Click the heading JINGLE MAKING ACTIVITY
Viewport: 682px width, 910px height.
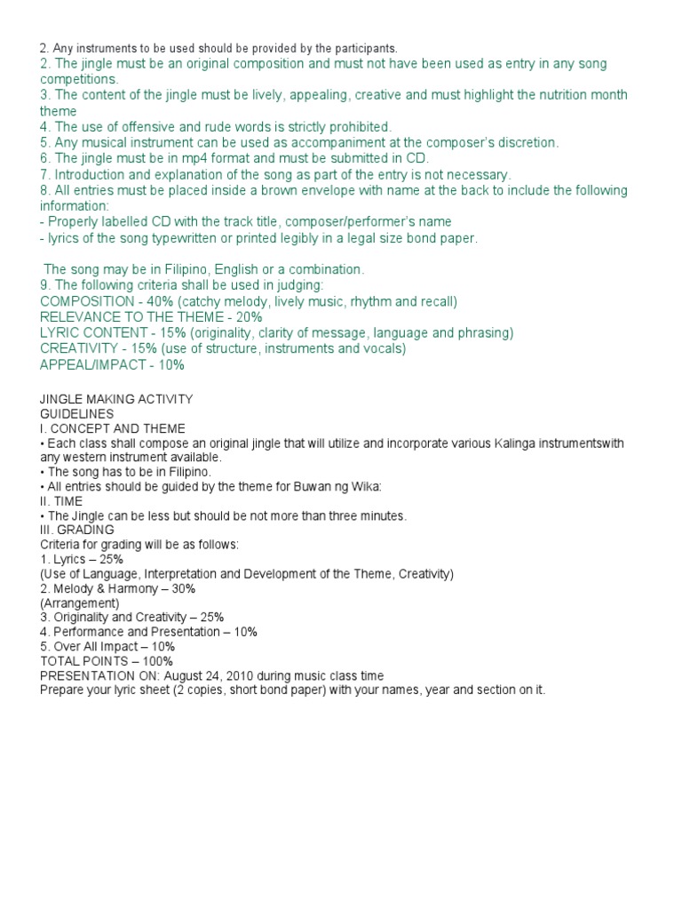coord(116,399)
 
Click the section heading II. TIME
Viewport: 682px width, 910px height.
coord(60,501)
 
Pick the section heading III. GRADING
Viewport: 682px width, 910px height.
coord(77,530)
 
